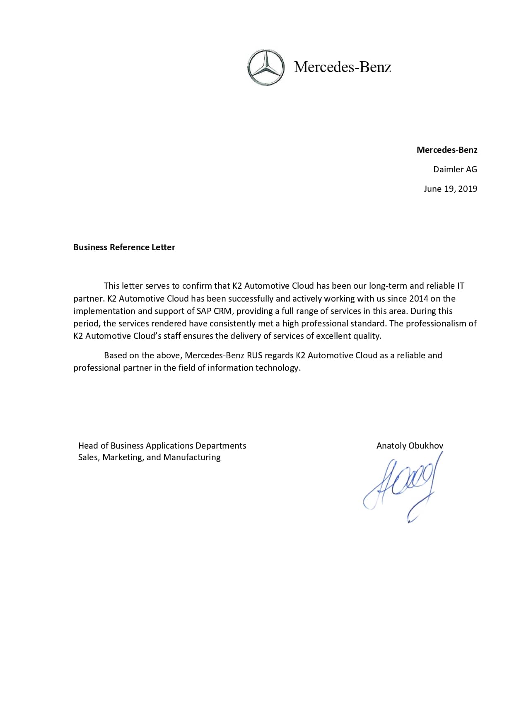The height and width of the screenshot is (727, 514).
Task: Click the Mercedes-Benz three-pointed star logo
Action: pos(266,68)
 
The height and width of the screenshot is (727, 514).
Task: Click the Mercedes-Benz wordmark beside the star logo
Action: pos(342,67)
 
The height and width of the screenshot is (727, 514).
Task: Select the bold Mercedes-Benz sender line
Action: pos(446,150)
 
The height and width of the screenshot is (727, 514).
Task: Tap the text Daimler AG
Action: pos(455,169)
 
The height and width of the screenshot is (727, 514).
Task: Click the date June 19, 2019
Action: pos(450,189)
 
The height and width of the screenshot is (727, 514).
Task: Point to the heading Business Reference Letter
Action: pos(124,247)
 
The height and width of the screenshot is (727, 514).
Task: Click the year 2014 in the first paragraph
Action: pos(418,299)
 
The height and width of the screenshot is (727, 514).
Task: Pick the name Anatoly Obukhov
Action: pos(410,446)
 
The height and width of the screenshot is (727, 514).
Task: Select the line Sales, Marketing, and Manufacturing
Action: pos(149,457)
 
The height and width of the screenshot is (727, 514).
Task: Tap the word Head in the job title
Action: pos(88,446)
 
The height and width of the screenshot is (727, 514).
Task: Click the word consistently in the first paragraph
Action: pos(233,324)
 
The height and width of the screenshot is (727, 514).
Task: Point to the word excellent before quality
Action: pos(333,336)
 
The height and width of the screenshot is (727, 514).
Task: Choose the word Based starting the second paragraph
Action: pos(116,355)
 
